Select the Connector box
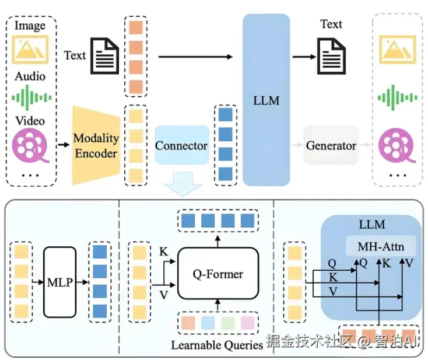(181, 145)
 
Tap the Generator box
(331, 145)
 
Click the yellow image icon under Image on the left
(30, 48)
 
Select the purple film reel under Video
(30, 144)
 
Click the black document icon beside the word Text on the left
(104, 56)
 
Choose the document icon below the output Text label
(331, 56)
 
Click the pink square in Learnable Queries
(248, 322)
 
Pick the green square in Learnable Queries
(228, 322)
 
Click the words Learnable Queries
(217, 345)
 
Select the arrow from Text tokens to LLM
(195, 57)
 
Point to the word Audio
(30, 76)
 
